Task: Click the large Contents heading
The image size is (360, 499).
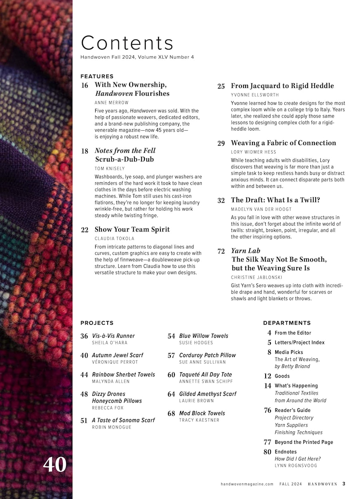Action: pyautogui.click(x=127, y=43)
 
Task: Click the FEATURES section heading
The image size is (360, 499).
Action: pyautogui.click(x=97, y=76)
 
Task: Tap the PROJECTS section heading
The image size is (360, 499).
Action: pyautogui.click(x=97, y=323)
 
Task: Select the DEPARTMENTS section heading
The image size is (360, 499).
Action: pyautogui.click(x=287, y=323)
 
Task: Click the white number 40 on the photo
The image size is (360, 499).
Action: pyautogui.click(x=55, y=465)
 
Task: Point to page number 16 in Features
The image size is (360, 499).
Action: pyautogui.click(x=84, y=85)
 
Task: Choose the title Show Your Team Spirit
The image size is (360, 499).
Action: pyautogui.click(x=132, y=230)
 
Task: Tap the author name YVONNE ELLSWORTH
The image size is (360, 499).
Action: pyautogui.click(x=255, y=95)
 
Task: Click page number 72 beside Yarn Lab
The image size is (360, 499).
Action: pyautogui.click(x=221, y=251)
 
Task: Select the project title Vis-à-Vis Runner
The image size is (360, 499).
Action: pyautogui.click(x=113, y=336)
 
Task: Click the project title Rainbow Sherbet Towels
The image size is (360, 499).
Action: pyautogui.click(x=123, y=375)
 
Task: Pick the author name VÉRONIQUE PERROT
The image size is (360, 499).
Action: pyautogui.click(x=115, y=362)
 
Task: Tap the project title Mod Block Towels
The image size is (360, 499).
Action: pyautogui.click(x=202, y=413)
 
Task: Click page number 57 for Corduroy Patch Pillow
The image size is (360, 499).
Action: pyautogui.click(x=171, y=355)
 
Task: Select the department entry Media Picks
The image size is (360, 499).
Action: pyautogui.click(x=289, y=352)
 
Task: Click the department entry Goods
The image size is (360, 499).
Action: pyautogui.click(x=282, y=376)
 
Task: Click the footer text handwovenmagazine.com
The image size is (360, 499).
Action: pyautogui.click(x=247, y=484)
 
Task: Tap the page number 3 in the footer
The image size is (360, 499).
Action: pyautogui.click(x=344, y=484)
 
